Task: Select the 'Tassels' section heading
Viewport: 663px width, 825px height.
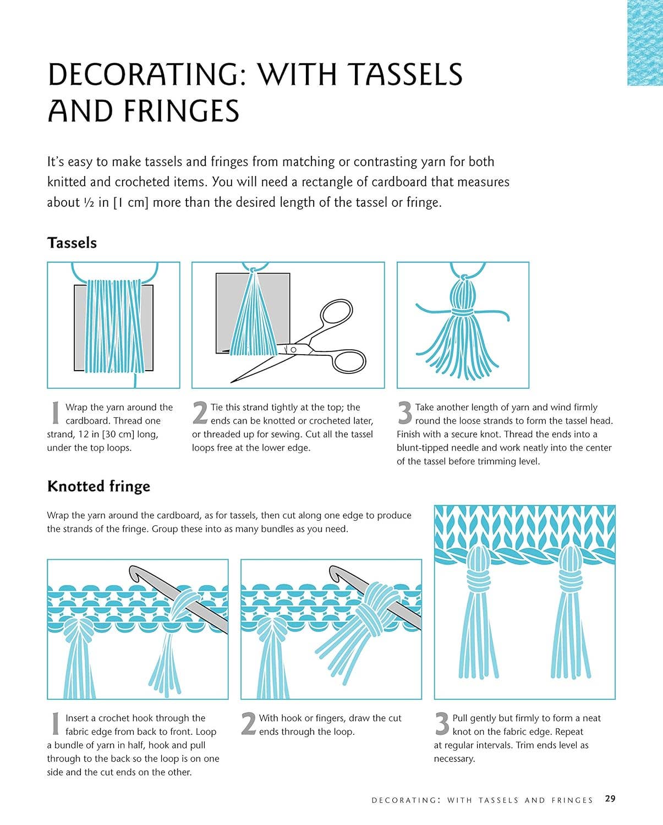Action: pyautogui.click(x=72, y=243)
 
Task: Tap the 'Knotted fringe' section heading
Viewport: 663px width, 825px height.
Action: pyautogui.click(x=98, y=486)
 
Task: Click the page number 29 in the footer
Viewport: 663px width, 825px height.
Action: pyautogui.click(x=610, y=799)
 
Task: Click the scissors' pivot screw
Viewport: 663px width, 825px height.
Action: pyautogui.click(x=293, y=350)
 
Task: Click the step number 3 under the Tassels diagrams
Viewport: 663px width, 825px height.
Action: pyautogui.click(x=404, y=414)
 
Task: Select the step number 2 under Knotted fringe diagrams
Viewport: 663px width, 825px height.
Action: pyautogui.click(x=248, y=724)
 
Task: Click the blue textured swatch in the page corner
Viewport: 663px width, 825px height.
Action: pyautogui.click(x=645, y=42)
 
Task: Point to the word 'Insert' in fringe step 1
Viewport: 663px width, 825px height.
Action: pyautogui.click(x=80, y=718)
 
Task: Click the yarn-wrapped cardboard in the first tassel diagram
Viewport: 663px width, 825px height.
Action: pyautogui.click(x=114, y=327)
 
